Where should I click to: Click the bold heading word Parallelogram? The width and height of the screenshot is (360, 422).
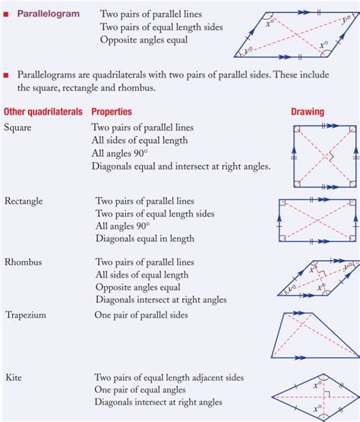49,14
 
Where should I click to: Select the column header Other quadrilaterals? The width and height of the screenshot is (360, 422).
43,112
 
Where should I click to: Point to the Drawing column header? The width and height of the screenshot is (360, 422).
308,112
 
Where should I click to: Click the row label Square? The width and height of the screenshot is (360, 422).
17,128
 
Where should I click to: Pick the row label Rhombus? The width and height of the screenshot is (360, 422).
24,262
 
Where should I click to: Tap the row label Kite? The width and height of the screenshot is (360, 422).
14,377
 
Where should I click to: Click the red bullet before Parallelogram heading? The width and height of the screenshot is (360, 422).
6,14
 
